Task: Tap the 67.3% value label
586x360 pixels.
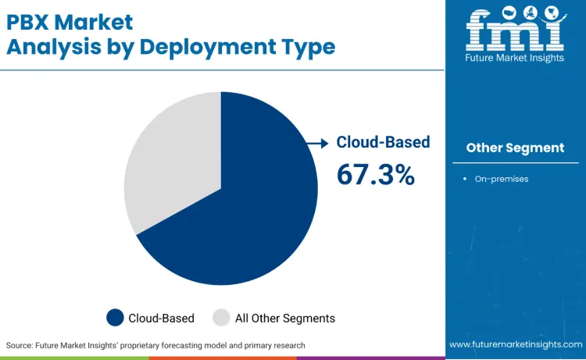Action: [x=375, y=174]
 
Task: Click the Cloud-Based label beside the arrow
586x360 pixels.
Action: [x=383, y=142]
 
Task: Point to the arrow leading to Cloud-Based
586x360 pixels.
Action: [x=317, y=142]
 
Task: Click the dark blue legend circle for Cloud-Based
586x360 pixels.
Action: [x=116, y=318]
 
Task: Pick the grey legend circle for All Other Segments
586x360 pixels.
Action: [x=221, y=318]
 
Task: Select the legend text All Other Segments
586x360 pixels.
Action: [x=284, y=318]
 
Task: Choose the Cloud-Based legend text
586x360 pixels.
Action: [x=162, y=318]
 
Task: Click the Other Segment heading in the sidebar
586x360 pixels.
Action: [x=515, y=148]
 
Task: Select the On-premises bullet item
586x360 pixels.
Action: [x=501, y=179]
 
